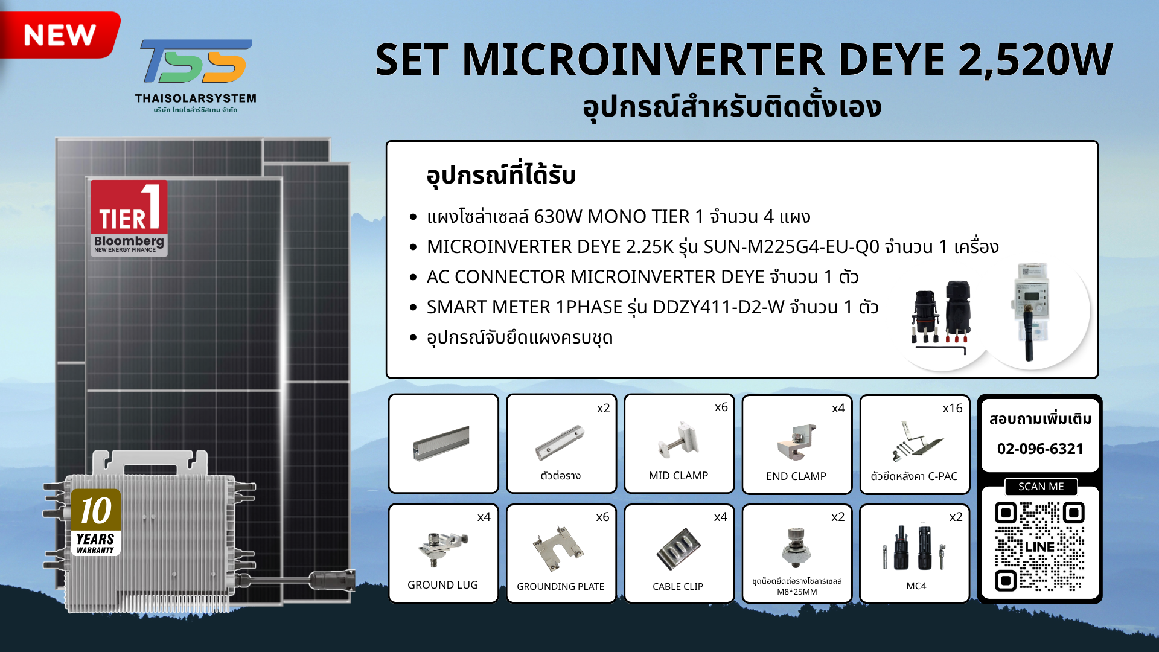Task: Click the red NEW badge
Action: (59, 34)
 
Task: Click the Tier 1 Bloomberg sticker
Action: (129, 219)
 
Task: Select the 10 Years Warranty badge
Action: (96, 522)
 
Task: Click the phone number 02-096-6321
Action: (1040, 449)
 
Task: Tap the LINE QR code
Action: (1039, 546)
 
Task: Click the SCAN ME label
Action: (1041, 487)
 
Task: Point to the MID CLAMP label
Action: (678, 476)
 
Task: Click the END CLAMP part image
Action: (797, 441)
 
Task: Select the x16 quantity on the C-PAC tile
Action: (953, 409)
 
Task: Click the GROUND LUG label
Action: (442, 585)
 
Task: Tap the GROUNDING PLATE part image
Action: (558, 548)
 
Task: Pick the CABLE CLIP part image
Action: (678, 549)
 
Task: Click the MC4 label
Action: (916, 586)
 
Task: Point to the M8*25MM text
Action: (797, 592)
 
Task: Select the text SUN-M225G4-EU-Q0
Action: (791, 247)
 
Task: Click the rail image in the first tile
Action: (441, 443)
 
